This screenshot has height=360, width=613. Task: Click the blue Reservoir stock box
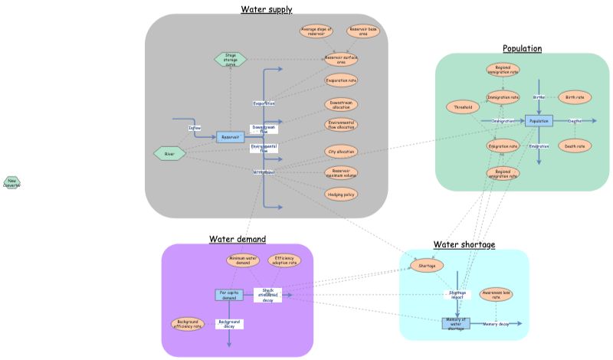(230, 137)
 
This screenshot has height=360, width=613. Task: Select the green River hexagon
(170, 154)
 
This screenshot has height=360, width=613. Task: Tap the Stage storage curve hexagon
(230, 58)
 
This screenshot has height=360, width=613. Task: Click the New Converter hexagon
(11, 182)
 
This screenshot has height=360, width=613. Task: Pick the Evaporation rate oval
(340, 80)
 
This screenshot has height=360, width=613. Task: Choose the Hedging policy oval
(340, 195)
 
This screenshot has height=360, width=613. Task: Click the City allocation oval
(340, 152)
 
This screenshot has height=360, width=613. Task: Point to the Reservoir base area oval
(361, 31)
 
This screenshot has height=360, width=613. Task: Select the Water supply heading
(267, 9)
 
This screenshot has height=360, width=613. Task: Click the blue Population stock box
(539, 121)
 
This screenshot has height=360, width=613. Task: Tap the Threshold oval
(462, 107)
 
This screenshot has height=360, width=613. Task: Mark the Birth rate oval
(575, 97)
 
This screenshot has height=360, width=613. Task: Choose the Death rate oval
(575, 146)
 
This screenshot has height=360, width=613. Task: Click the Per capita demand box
(229, 295)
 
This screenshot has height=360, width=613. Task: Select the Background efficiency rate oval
(188, 324)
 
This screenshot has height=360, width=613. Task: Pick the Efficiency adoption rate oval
(284, 261)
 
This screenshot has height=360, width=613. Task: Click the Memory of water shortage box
(456, 324)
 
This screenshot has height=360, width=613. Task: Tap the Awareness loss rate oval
(496, 294)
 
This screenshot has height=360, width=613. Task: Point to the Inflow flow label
(195, 128)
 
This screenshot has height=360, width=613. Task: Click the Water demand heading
(238, 239)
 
